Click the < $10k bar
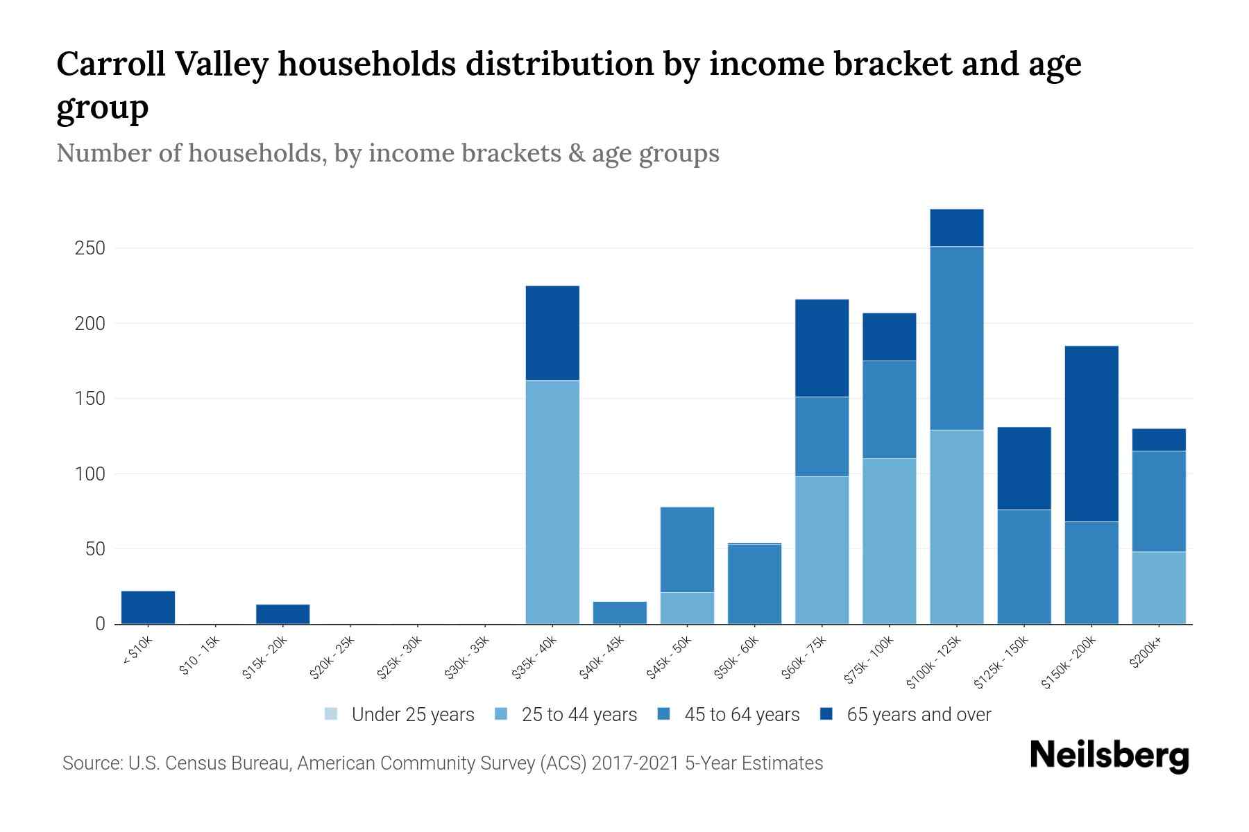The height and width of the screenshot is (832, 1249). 148,607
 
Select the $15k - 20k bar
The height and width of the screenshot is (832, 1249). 282,614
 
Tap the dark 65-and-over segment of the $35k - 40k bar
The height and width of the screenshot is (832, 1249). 552,333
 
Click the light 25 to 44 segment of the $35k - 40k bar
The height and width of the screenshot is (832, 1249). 552,502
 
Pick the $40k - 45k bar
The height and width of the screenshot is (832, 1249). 620,613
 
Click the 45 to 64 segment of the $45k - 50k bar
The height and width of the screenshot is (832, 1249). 687,549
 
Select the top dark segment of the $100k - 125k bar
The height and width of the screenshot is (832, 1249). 956,227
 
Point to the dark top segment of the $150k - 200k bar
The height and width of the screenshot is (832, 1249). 1091,433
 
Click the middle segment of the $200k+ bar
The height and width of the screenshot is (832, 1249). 1158,501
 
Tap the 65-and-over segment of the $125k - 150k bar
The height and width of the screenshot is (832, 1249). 1023,468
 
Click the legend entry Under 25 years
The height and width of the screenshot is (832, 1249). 413,715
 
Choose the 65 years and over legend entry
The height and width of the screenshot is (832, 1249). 918,715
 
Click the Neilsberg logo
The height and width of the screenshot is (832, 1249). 1109,756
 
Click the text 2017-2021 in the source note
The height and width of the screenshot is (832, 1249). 636,763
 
